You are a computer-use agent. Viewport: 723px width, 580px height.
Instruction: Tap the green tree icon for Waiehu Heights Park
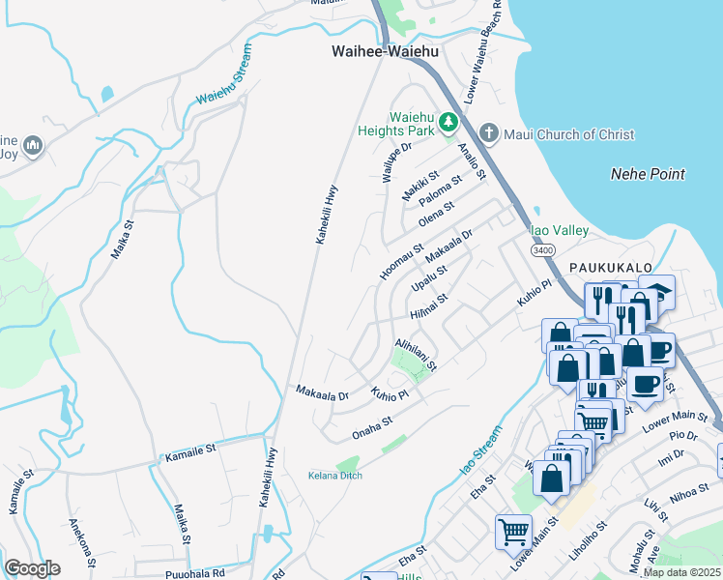pos(448,122)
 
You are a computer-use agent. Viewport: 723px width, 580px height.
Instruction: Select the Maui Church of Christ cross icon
pos(489,131)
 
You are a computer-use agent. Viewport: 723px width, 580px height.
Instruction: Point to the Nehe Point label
pos(648,174)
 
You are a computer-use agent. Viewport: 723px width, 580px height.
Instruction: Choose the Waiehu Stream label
pos(223,75)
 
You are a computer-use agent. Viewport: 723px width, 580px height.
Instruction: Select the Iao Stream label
pos(480,449)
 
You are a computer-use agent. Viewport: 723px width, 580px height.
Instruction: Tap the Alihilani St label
pos(417,354)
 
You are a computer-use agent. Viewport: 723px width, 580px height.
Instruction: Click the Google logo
pos(32,567)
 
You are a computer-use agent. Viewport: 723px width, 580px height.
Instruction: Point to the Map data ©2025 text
pos(681,572)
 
